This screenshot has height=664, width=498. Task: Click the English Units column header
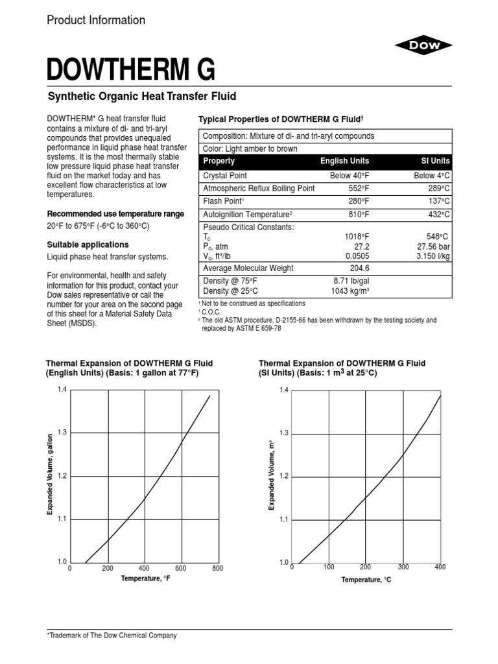coord(344,161)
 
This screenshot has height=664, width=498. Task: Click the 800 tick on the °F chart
coord(217,569)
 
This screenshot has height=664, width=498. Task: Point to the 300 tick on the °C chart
coord(403,567)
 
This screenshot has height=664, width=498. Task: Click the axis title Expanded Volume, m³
coord(272,475)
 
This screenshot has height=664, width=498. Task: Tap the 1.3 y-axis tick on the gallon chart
coord(62,433)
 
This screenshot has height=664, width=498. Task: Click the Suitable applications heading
coord(88,245)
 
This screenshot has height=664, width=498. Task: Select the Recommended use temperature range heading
coord(115,214)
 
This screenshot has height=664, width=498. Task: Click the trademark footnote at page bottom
coord(112,635)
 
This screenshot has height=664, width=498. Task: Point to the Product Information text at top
coord(96,20)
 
